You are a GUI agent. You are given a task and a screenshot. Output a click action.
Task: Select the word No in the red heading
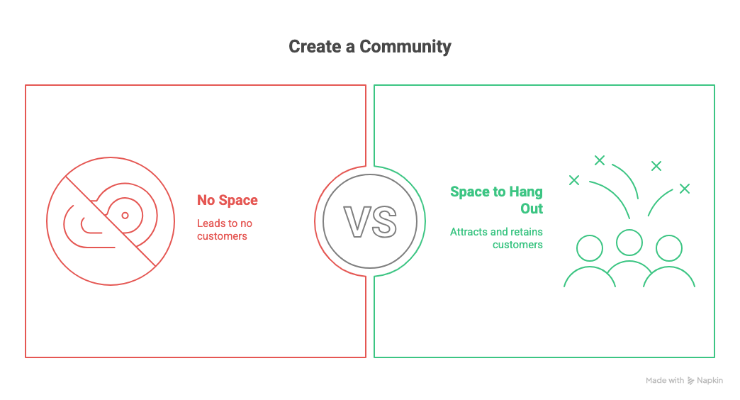tap(206, 201)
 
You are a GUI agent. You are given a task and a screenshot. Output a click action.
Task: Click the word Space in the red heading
tap(237, 201)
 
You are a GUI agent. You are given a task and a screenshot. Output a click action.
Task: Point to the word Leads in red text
tap(210, 223)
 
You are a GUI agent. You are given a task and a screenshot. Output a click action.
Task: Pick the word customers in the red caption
tap(222, 235)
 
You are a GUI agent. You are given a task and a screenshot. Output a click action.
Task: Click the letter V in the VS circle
tap(357, 221)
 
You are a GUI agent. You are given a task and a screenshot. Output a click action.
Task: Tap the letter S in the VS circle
tap(383, 221)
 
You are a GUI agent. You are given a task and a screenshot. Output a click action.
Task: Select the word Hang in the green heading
tap(525, 192)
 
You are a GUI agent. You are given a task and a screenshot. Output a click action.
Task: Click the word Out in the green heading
tap(531, 209)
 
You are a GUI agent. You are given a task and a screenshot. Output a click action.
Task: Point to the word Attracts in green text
tap(468, 232)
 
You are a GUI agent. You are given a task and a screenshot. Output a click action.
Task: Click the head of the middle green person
tap(629, 242)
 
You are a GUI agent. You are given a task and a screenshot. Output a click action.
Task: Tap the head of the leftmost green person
tap(590, 248)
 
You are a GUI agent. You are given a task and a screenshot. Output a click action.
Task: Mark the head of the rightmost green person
tap(668, 248)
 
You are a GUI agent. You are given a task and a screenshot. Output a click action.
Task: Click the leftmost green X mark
tap(574, 180)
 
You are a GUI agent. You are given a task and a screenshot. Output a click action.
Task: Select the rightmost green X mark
tap(684, 189)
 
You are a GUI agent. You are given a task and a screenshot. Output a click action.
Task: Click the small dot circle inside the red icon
tap(125, 215)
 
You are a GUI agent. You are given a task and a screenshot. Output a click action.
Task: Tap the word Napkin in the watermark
tap(710, 381)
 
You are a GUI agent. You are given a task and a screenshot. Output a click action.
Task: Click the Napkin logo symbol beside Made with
tap(691, 381)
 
